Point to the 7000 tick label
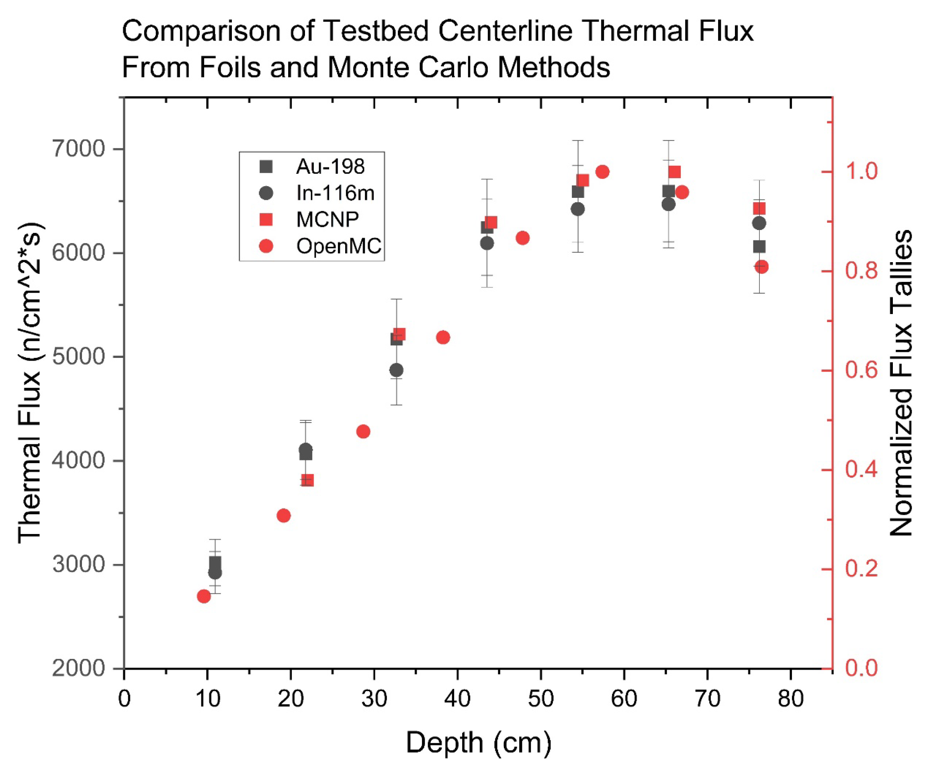pos(79,149)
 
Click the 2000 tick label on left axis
pos(79,668)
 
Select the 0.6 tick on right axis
pos(861,370)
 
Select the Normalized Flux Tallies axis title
pos(900,383)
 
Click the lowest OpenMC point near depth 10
pos(203,596)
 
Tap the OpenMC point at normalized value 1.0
pos(603,172)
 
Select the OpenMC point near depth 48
pos(522,238)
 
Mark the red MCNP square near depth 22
pos(307,480)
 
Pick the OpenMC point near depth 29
pos(363,431)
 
